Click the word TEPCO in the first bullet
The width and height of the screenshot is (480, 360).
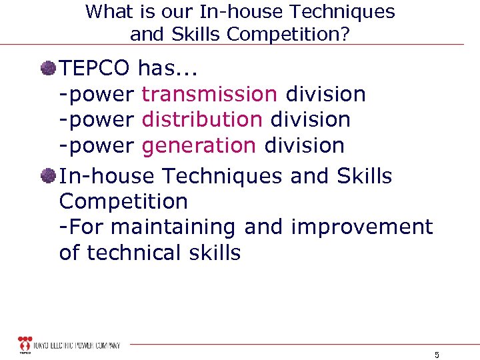(95, 67)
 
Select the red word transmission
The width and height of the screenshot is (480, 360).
(209, 94)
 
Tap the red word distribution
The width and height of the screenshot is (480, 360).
(202, 119)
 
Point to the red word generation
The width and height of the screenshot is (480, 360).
(199, 145)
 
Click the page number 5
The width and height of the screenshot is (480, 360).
(437, 355)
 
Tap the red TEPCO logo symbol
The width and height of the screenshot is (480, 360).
(25, 343)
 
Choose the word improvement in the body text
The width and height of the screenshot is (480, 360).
(362, 227)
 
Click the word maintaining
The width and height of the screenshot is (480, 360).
(173, 227)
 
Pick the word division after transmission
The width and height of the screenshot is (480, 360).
(325, 94)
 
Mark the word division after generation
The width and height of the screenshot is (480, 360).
(304, 145)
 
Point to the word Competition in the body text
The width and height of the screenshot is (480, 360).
(123, 201)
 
